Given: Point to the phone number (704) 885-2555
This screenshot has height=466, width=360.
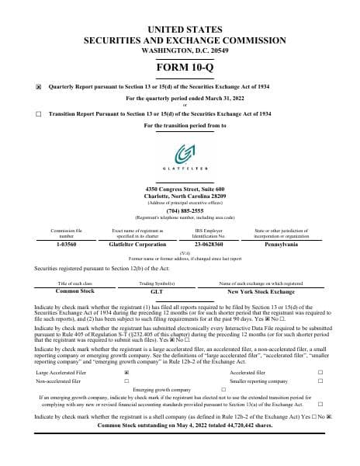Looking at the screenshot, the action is (179, 210).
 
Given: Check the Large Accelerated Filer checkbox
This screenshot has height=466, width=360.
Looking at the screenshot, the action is (126, 373).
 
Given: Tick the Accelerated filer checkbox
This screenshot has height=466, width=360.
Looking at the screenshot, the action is (320, 373).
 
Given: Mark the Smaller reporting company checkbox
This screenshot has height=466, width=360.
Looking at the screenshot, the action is (320, 381).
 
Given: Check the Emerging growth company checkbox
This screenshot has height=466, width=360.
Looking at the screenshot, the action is (223, 389).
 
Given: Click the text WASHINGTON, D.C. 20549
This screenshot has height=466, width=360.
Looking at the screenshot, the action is (180, 49).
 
